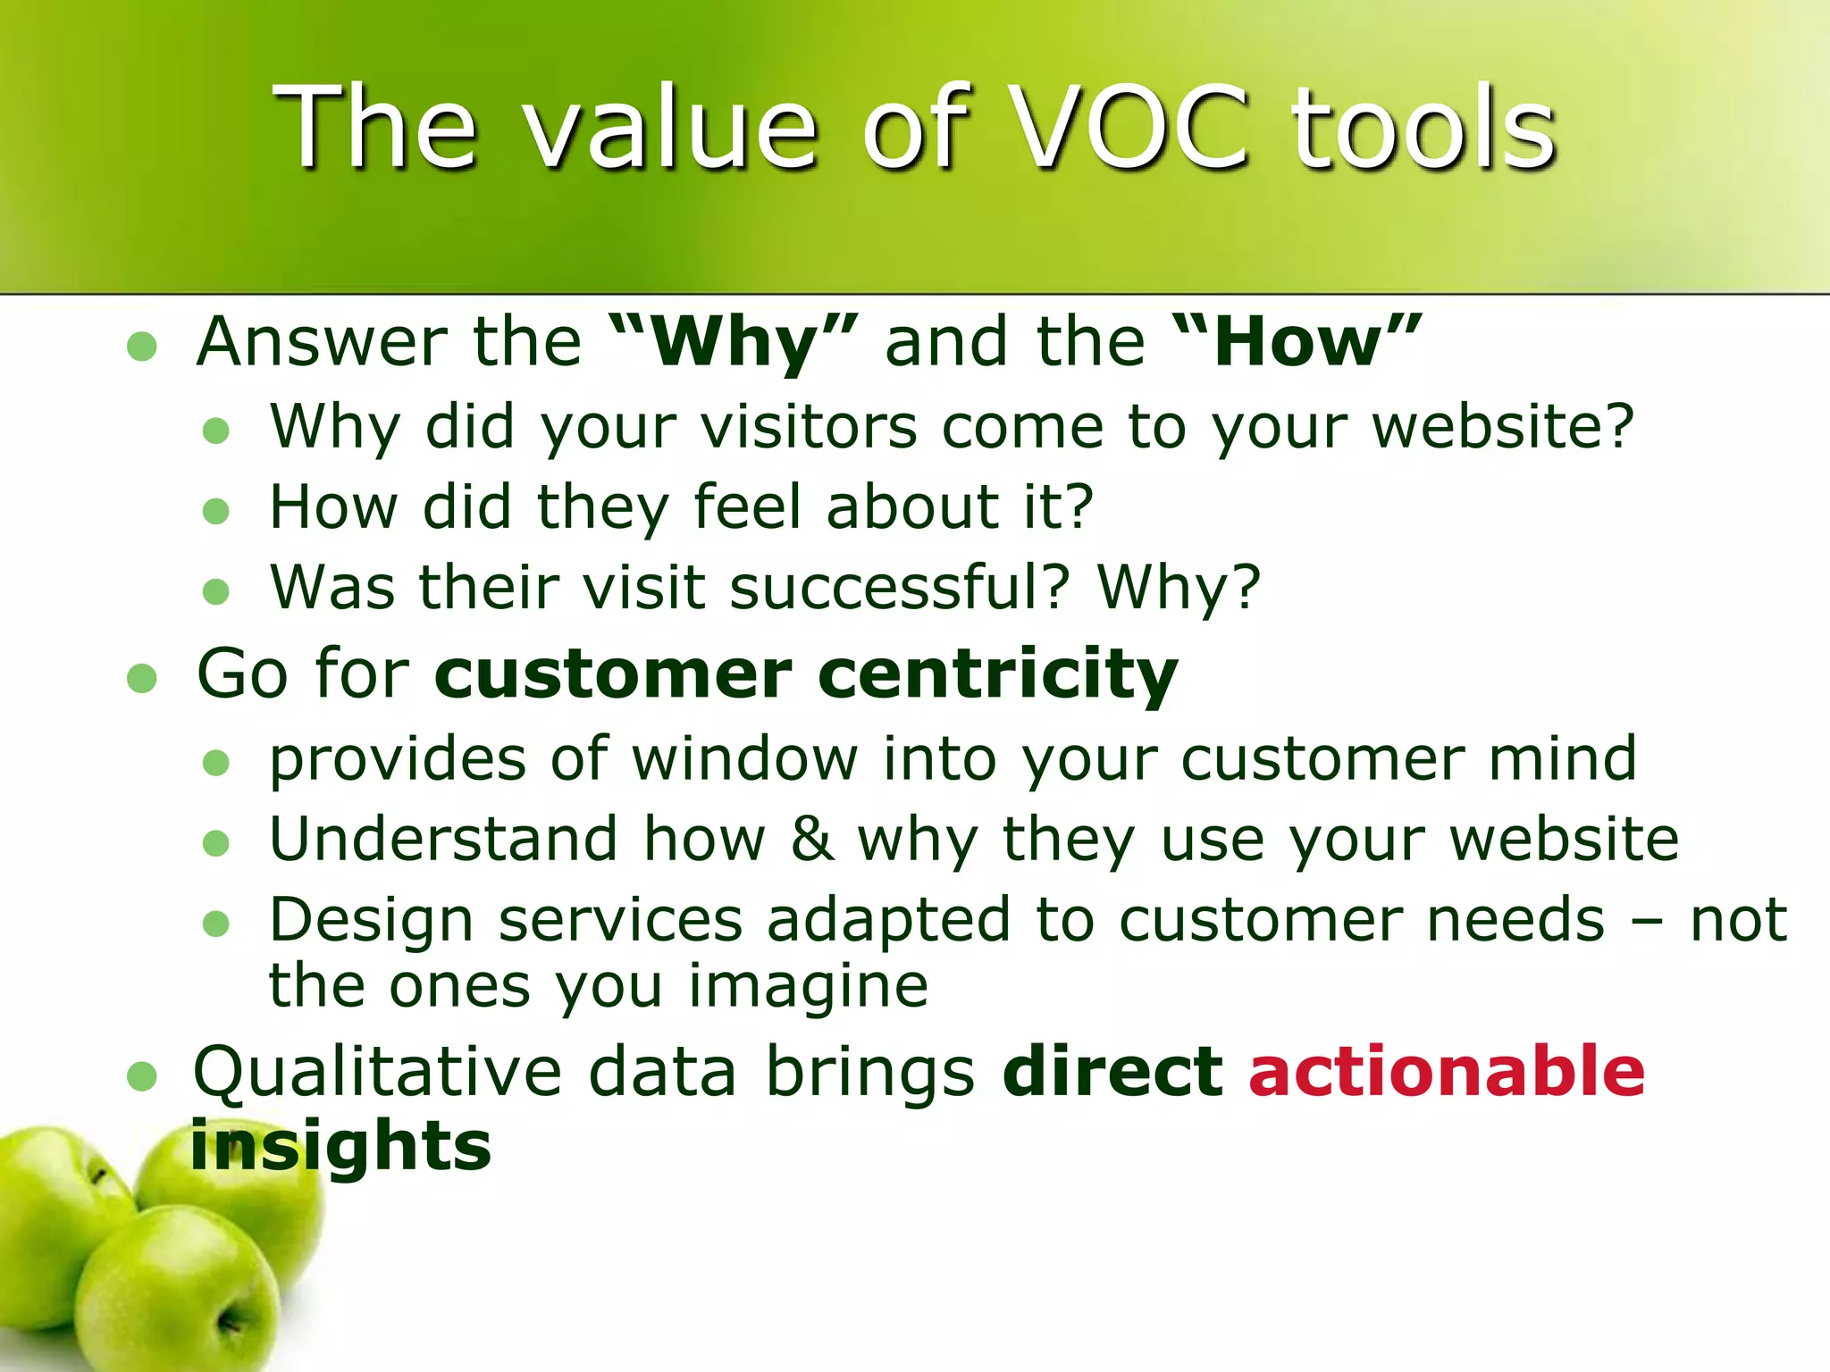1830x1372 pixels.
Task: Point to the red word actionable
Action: [x=1446, y=1071]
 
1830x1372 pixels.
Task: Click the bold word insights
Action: [x=340, y=1146]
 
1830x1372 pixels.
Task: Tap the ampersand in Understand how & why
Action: [x=811, y=840]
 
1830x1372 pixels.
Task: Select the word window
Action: [x=745, y=759]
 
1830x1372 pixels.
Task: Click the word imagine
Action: [x=808, y=988]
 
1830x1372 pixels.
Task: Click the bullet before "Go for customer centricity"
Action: [x=142, y=678]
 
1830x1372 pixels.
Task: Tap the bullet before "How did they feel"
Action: [x=216, y=512]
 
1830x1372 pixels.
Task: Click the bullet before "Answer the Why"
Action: [x=142, y=347]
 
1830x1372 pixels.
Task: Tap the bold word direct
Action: [x=1112, y=1071]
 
